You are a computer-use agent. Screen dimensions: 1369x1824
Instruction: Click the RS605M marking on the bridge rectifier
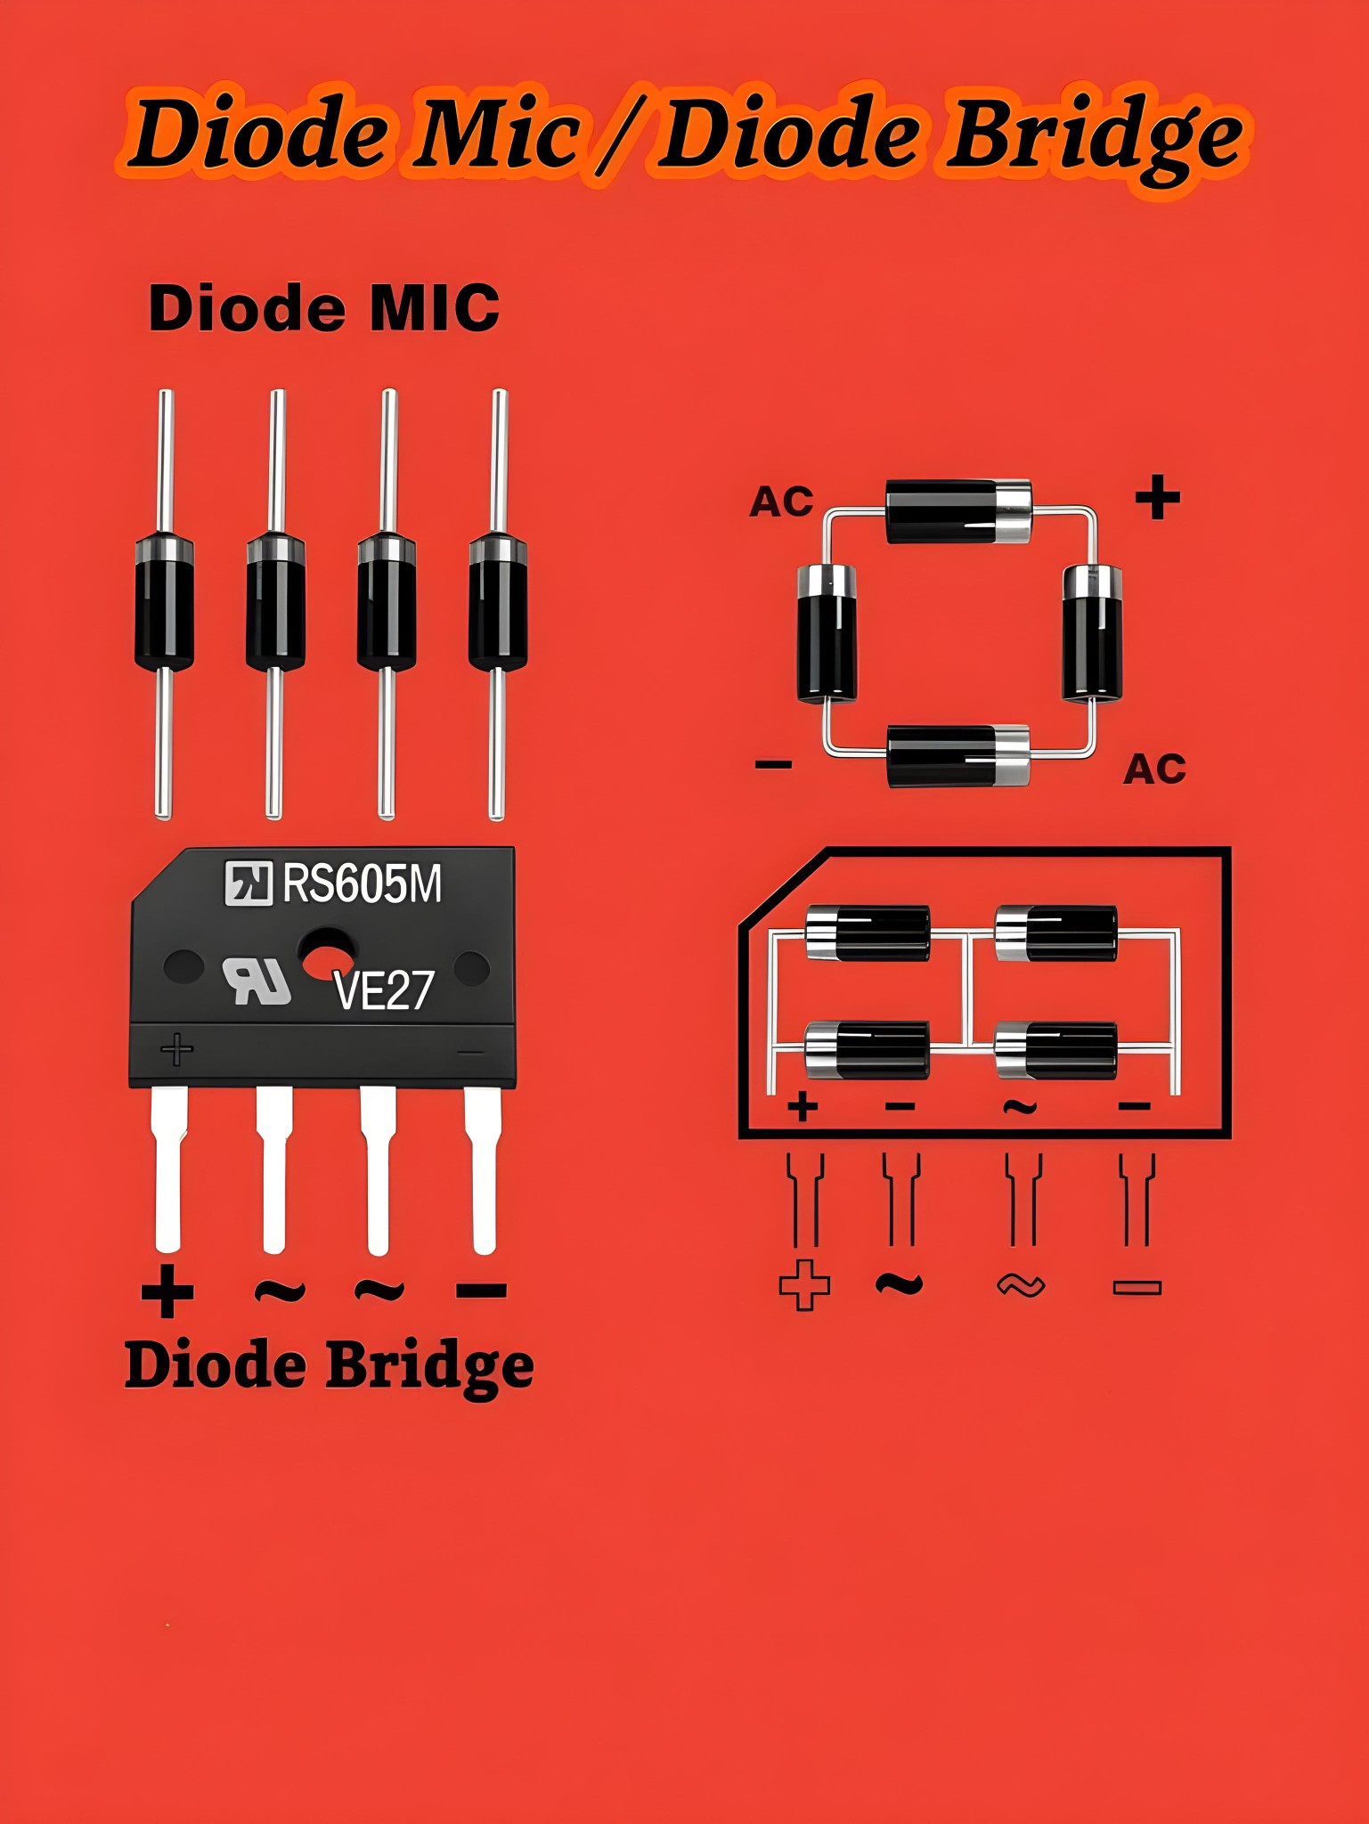pos(362,884)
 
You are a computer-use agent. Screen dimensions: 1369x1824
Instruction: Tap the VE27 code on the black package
pos(383,989)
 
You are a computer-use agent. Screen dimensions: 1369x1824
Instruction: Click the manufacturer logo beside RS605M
pos(248,884)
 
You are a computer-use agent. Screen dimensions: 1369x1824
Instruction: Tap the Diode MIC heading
pos(324,308)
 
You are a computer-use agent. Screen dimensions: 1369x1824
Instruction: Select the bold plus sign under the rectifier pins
pos(167,1291)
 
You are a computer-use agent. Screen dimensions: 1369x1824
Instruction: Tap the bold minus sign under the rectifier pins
pos(481,1289)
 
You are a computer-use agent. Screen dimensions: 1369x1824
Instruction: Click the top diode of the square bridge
pos(958,511)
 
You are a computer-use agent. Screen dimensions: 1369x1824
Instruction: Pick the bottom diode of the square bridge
pos(958,755)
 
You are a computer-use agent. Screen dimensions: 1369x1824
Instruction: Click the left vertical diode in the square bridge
pos(826,633)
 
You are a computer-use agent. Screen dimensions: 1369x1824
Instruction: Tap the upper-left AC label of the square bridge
pos(781,502)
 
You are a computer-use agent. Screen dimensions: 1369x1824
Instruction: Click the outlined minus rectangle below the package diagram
pos(1137,1287)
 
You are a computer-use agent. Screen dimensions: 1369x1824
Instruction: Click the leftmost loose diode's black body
pos(164,602)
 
